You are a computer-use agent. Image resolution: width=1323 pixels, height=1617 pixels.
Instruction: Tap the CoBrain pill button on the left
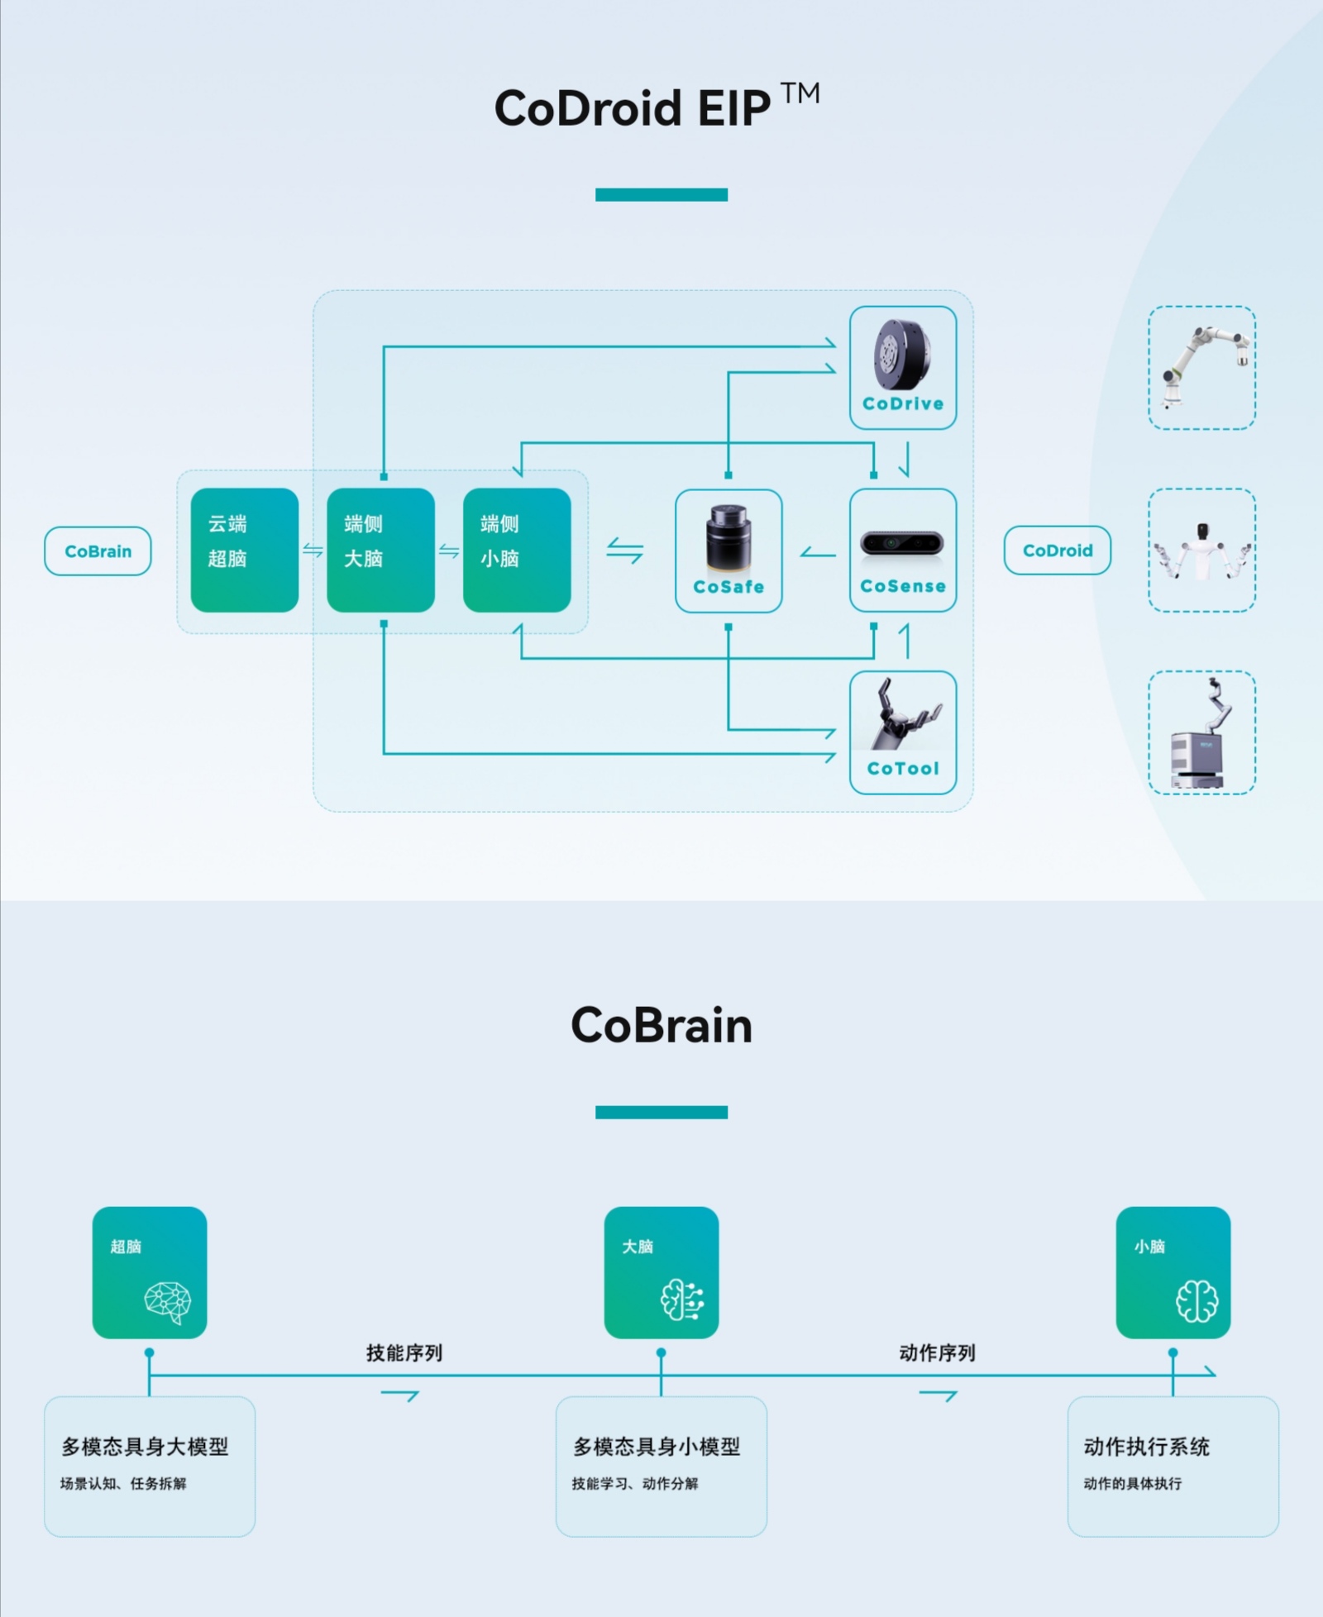(x=98, y=551)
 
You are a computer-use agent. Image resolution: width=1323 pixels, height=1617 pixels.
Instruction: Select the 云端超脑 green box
(x=244, y=550)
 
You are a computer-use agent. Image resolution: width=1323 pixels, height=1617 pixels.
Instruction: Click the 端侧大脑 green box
(x=380, y=550)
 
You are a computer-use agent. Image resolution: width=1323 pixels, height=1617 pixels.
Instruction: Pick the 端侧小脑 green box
(x=517, y=550)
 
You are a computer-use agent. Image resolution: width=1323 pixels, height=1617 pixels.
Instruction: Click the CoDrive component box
(x=903, y=368)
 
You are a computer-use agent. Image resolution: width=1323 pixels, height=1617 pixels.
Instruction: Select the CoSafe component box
(x=728, y=551)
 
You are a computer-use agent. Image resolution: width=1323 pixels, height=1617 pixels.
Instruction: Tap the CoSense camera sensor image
(x=902, y=543)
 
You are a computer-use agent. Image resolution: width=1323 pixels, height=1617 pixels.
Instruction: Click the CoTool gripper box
(x=903, y=732)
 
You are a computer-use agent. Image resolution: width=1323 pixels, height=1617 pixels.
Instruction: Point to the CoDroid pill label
(x=1057, y=551)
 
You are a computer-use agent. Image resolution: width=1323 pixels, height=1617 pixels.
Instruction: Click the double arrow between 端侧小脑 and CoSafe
(x=624, y=551)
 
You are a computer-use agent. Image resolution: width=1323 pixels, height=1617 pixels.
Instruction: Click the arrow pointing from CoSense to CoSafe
(x=817, y=552)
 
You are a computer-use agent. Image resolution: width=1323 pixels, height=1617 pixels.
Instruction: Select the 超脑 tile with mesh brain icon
(x=150, y=1272)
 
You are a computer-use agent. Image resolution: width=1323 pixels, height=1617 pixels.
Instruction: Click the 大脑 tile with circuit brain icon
(x=661, y=1272)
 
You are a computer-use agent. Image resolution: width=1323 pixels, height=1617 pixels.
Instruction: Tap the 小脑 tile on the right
(x=1173, y=1272)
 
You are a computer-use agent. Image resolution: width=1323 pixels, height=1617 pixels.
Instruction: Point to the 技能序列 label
(x=404, y=1352)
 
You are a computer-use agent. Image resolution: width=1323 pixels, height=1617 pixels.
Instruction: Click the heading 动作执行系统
(x=1146, y=1446)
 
